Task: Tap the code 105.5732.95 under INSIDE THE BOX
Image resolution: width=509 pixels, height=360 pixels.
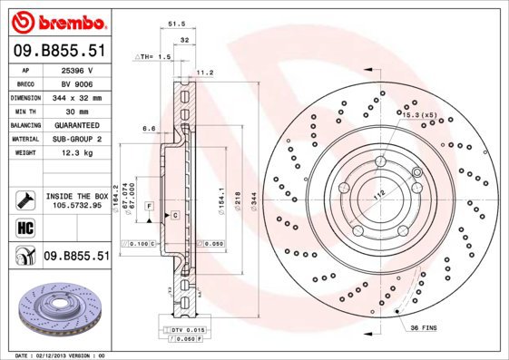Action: pyautogui.click(x=76, y=205)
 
